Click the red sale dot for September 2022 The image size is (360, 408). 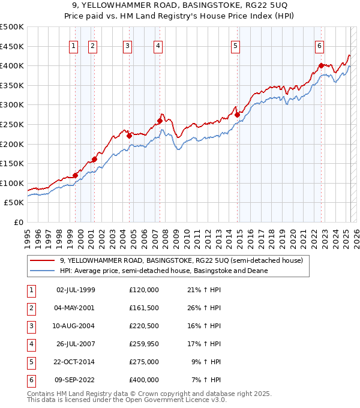tap(322, 65)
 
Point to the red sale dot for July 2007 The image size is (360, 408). tap(160, 121)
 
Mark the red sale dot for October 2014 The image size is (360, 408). tap(237, 115)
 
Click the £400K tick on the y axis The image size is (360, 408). tap(12, 65)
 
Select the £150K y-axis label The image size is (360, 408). tap(12, 163)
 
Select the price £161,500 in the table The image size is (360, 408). tap(144, 307)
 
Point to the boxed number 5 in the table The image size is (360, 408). tap(30, 361)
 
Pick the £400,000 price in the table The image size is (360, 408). tap(144, 379)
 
